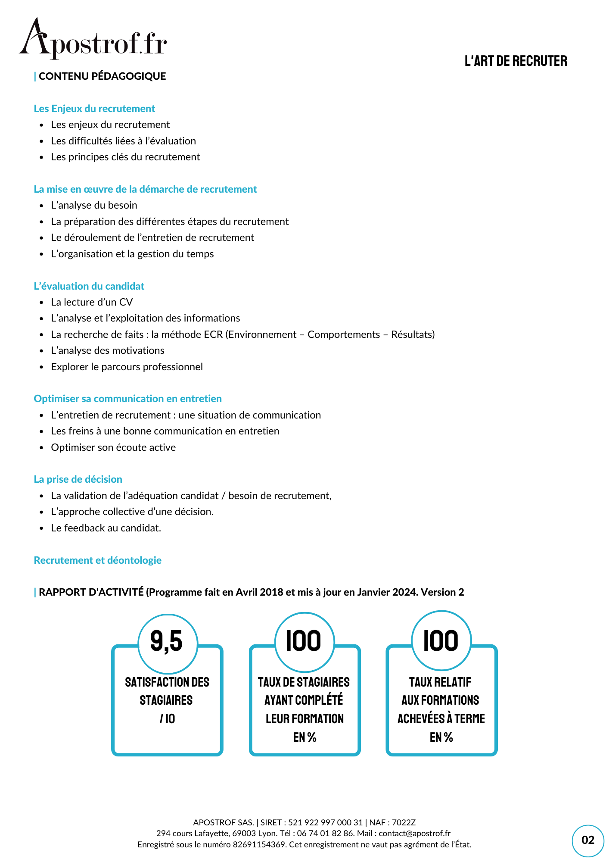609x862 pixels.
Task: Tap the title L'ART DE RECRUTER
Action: (x=516, y=61)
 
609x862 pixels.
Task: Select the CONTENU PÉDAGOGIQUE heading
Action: (x=102, y=76)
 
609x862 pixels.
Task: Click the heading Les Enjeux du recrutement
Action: (x=94, y=109)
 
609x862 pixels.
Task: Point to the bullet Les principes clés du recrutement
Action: (x=125, y=157)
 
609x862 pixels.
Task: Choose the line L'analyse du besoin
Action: (x=94, y=205)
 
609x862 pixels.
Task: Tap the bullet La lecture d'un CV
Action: (x=92, y=302)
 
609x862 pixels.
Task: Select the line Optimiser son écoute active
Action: (x=113, y=447)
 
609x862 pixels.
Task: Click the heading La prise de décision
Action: (x=78, y=479)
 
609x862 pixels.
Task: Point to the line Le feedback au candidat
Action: (x=106, y=528)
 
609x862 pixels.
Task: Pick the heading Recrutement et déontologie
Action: (x=98, y=560)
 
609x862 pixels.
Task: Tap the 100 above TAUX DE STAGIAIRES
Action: (x=304, y=641)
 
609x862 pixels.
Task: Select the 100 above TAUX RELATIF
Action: (x=441, y=641)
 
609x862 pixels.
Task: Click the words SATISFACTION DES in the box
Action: (x=167, y=682)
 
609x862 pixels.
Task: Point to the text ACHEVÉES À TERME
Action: (x=441, y=719)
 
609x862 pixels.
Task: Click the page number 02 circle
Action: (x=588, y=840)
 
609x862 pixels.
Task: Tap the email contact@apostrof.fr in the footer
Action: (x=414, y=833)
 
